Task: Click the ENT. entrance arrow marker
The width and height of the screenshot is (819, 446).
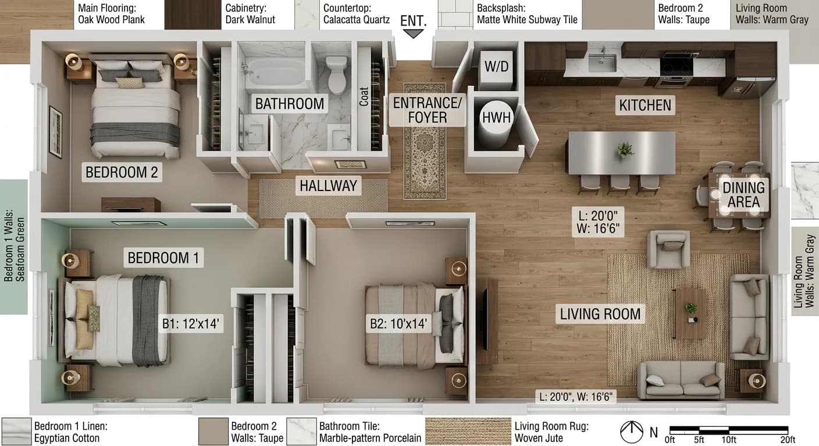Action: [x=414, y=34]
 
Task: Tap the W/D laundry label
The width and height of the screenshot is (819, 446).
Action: [x=497, y=67]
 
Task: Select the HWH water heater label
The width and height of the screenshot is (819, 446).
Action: [x=496, y=118]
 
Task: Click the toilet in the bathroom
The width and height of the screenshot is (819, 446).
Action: [x=337, y=74]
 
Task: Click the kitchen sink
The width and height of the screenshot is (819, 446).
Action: [x=602, y=62]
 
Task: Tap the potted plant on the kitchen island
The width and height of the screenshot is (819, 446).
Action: [x=625, y=149]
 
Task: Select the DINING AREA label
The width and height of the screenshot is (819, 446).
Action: [x=743, y=195]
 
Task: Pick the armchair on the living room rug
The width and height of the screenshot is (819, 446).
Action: [x=670, y=249]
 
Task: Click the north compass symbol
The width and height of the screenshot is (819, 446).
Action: [x=631, y=431]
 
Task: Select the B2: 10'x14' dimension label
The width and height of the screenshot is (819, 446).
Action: [x=399, y=323]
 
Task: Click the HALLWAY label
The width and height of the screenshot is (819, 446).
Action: [x=328, y=186]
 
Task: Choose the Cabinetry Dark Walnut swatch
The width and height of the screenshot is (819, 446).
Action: [x=193, y=15]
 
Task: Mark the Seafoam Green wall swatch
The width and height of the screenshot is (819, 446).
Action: [x=14, y=247]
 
